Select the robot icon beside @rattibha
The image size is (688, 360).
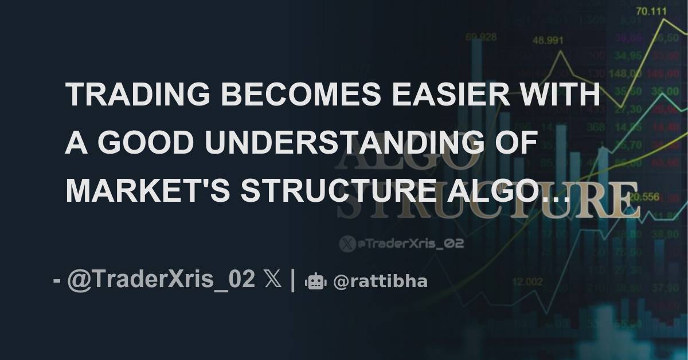(x=316, y=281)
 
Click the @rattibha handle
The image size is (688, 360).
(x=380, y=281)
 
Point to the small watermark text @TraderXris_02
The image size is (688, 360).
(x=410, y=244)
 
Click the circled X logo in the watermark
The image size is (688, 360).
(x=347, y=244)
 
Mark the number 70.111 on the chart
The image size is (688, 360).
(x=646, y=11)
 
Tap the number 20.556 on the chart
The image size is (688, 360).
(x=643, y=197)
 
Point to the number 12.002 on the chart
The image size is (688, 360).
(x=527, y=281)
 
